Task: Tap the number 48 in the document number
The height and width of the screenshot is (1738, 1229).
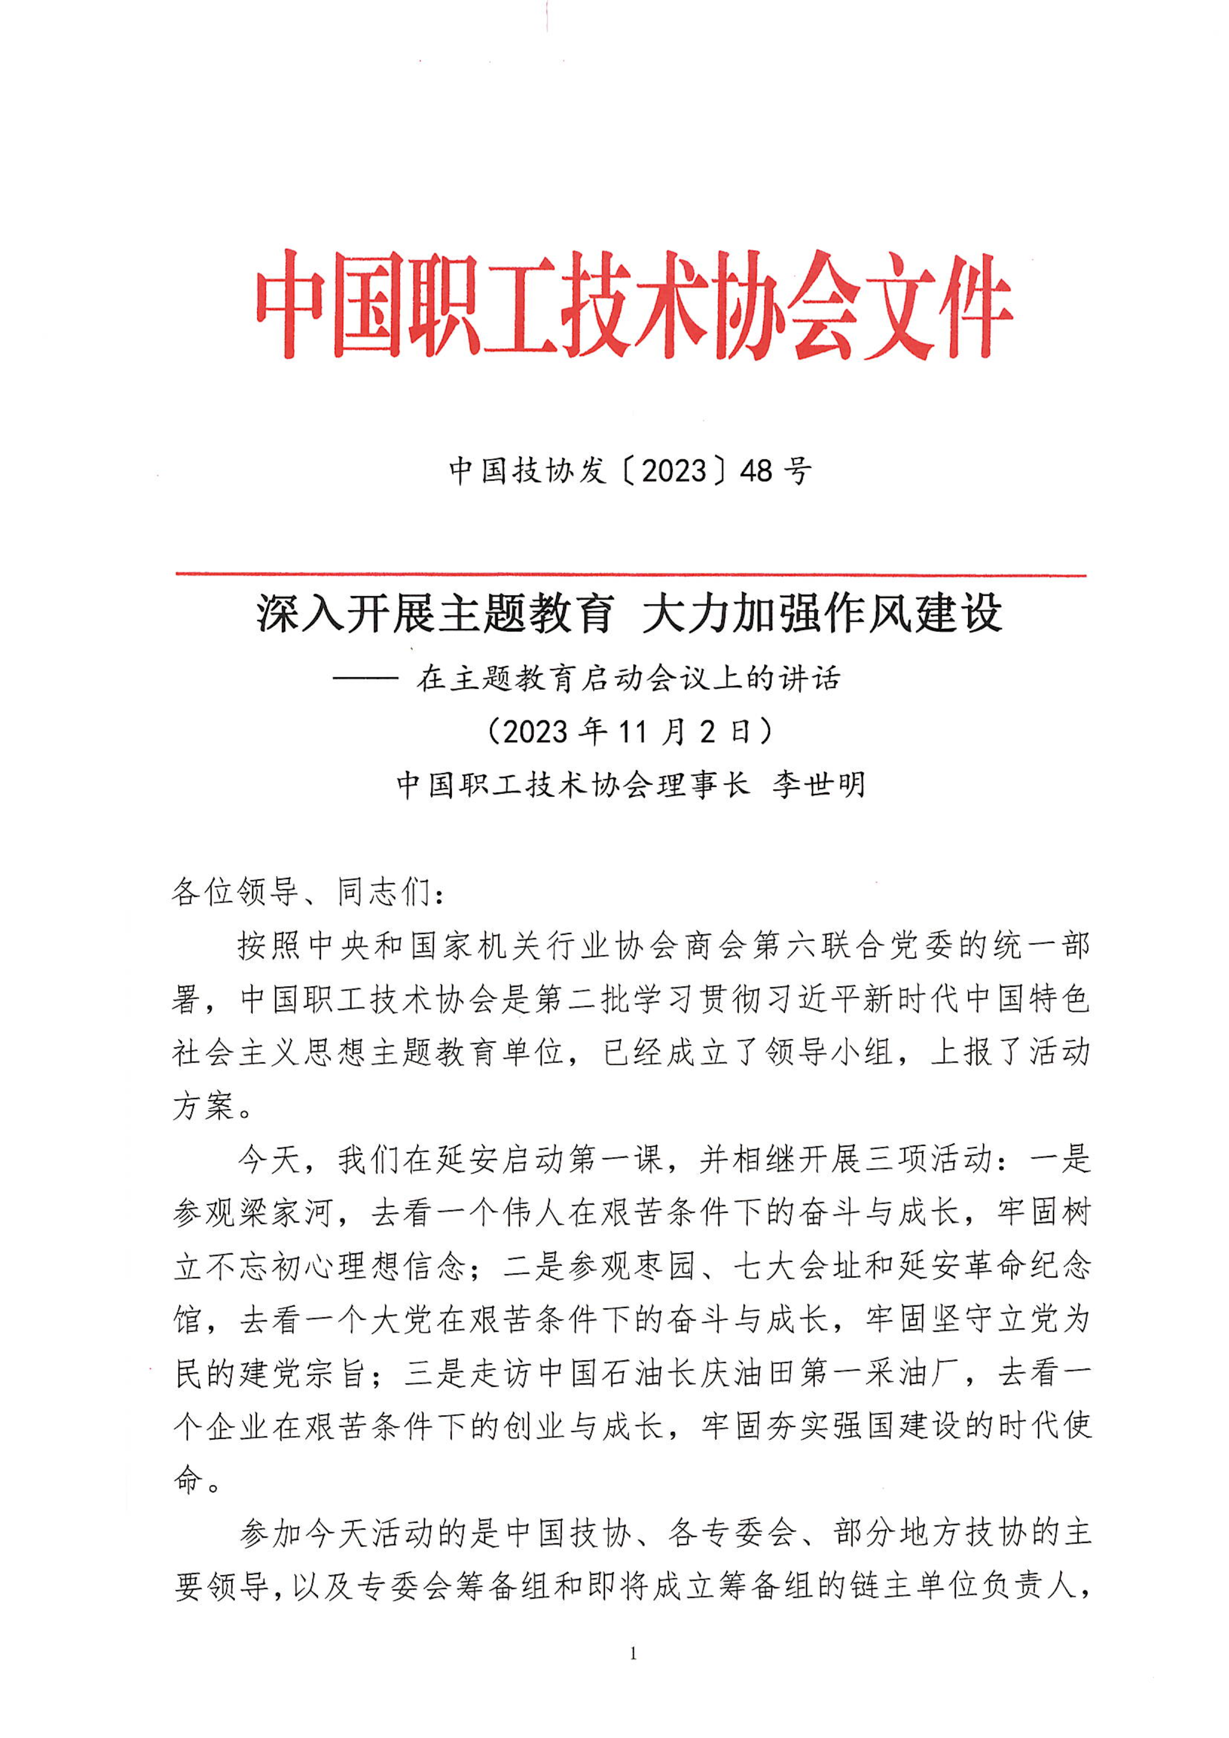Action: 756,472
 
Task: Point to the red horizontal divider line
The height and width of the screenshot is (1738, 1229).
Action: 631,575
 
